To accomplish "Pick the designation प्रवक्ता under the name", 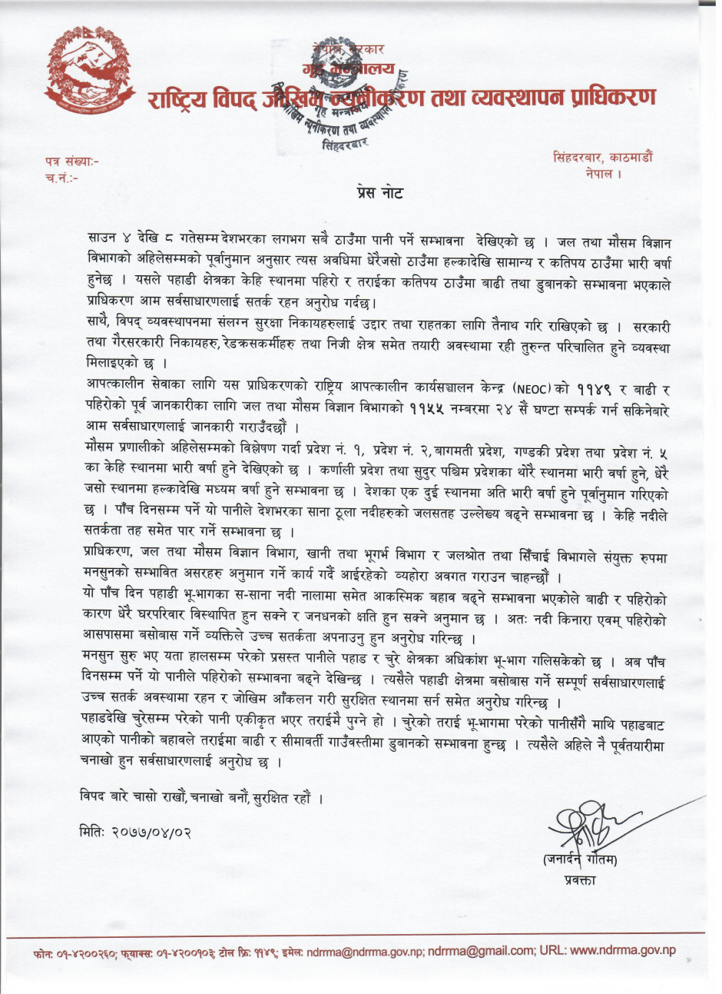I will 579,880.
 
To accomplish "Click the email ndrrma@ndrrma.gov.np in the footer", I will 365,951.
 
